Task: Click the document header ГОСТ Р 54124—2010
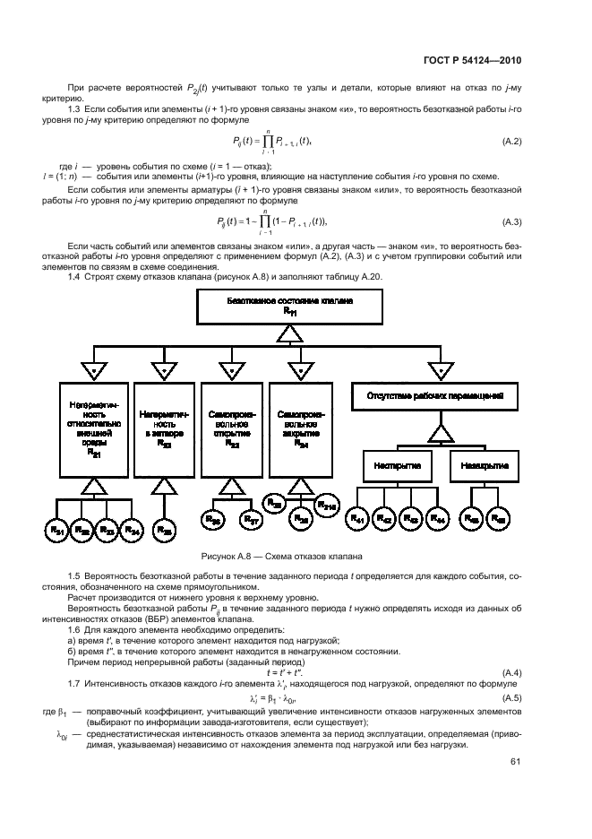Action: (x=472, y=60)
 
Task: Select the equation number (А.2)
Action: (x=511, y=142)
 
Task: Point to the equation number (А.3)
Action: (x=511, y=221)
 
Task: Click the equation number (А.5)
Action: (x=511, y=697)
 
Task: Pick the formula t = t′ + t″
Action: (x=286, y=673)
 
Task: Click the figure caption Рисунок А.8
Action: (x=286, y=555)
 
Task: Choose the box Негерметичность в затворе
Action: (x=163, y=429)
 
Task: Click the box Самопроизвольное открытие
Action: (x=232, y=429)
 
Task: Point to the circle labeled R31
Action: (x=59, y=530)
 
